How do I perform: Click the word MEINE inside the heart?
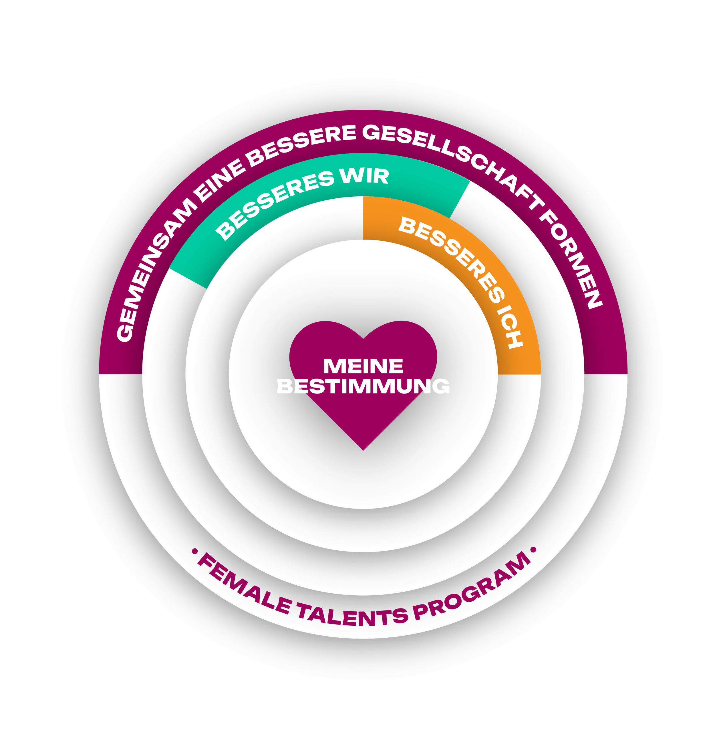point(363,366)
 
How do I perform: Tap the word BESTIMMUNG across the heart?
point(363,386)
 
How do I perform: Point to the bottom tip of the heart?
point(363,449)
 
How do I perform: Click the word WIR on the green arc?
point(364,176)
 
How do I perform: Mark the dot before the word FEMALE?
point(194,552)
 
